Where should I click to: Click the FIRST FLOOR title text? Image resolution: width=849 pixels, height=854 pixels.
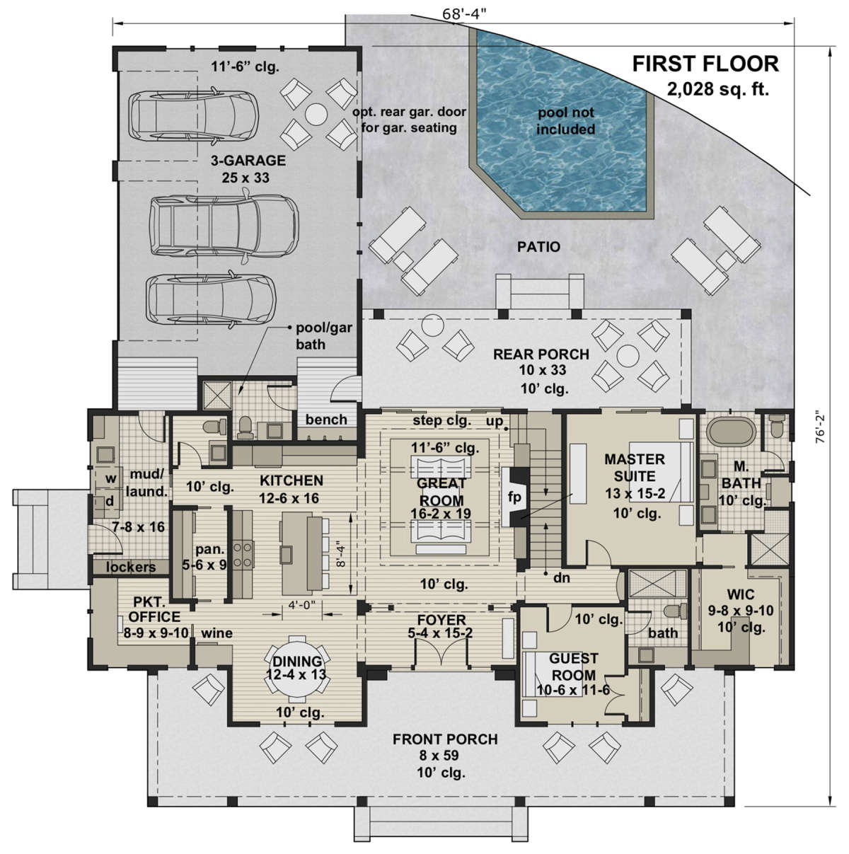tap(705, 63)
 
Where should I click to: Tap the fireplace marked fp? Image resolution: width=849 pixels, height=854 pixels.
tap(514, 497)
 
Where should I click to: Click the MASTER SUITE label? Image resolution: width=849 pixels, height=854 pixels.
tap(634, 468)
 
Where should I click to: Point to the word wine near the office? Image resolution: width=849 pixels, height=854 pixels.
tap(216, 633)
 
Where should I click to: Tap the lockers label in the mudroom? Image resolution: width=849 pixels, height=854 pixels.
tap(131, 567)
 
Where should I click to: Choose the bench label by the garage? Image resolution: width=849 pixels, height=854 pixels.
tap(326, 420)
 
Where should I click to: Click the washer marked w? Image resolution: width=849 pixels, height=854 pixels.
tap(110, 478)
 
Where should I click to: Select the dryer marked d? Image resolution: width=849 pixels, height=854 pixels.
tap(110, 501)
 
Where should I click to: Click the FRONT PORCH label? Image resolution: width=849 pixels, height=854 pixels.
tap(446, 739)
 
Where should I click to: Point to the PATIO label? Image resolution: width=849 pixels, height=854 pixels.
tap(539, 247)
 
